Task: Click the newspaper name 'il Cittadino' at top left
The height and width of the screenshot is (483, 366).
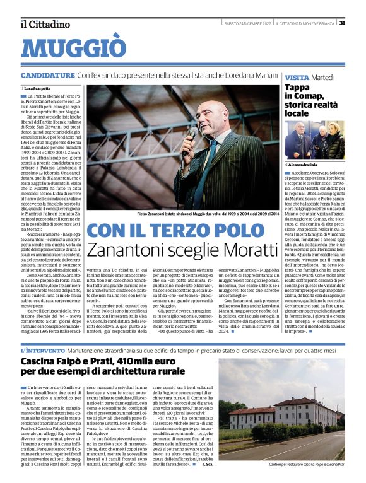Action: [x=44, y=25]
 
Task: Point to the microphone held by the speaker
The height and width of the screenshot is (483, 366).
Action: [x=192, y=134]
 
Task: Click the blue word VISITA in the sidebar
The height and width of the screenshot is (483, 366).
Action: [x=297, y=76]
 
